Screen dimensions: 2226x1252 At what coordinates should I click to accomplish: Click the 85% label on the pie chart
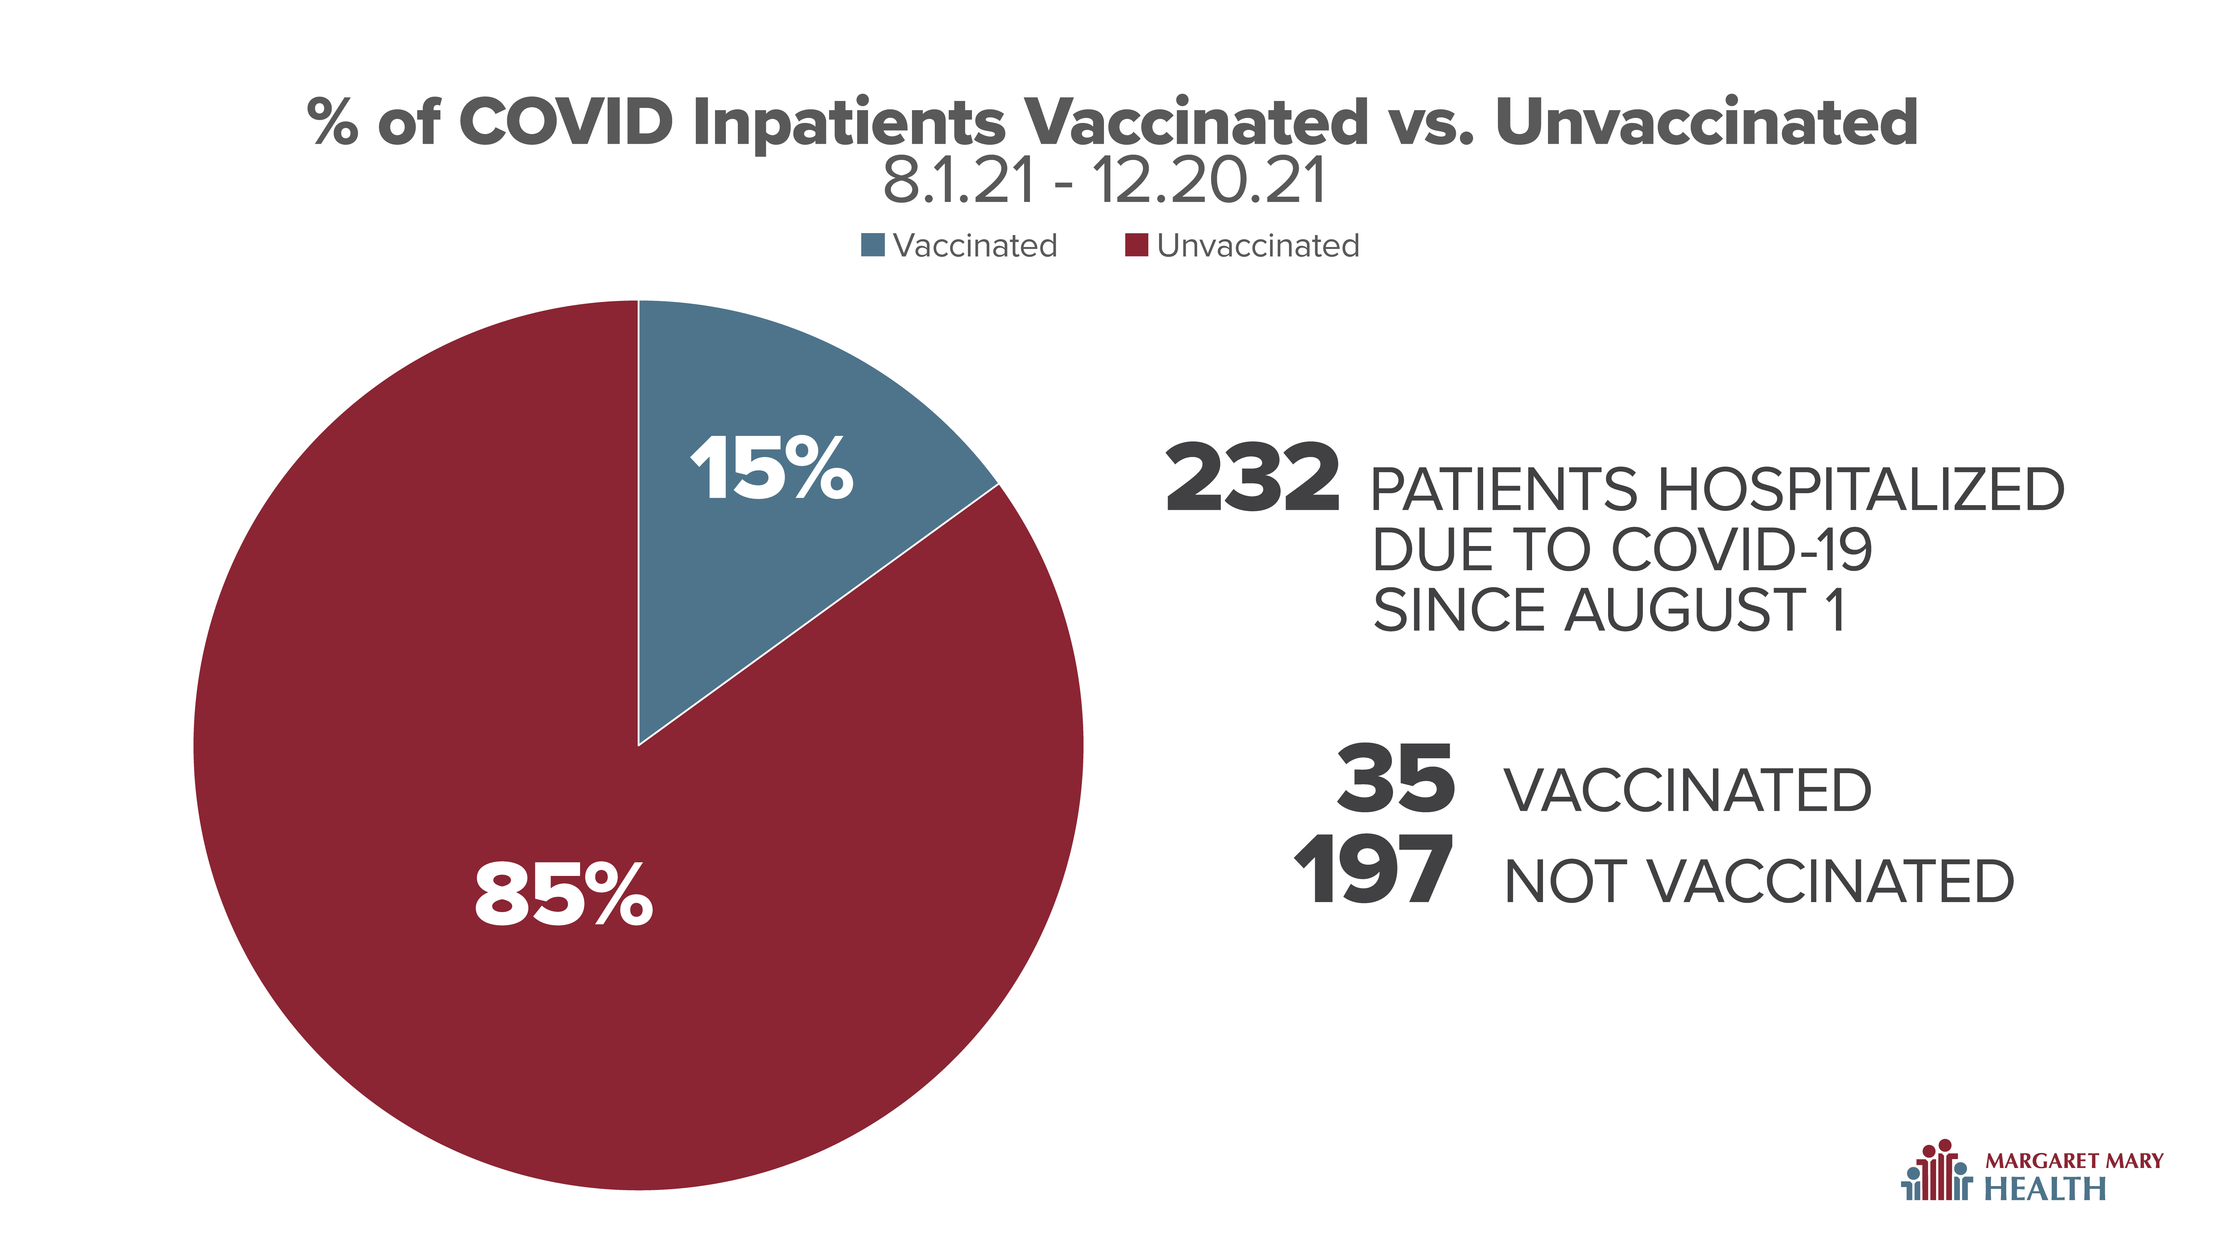[x=563, y=894]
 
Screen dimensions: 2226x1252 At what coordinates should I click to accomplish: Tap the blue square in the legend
[x=873, y=245]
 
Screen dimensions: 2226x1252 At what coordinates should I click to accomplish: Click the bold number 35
[x=1396, y=779]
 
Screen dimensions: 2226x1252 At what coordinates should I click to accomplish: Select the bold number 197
[x=1374, y=870]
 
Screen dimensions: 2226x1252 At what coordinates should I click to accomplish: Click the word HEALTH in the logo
[x=2045, y=1189]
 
